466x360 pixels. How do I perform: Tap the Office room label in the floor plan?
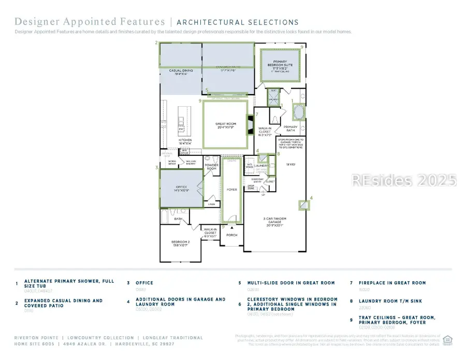(x=181, y=188)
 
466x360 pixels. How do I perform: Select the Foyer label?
(x=232, y=190)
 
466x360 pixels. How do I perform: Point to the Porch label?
(x=232, y=235)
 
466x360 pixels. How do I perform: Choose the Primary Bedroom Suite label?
(x=280, y=64)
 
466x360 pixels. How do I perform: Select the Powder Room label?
(x=211, y=167)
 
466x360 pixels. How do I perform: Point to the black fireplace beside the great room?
(x=251, y=125)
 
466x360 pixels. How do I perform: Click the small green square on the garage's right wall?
(x=303, y=206)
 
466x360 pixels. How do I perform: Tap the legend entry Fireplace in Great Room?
(x=388, y=283)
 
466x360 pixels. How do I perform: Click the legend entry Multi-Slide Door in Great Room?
(x=286, y=283)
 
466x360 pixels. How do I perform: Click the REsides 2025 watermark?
(x=404, y=180)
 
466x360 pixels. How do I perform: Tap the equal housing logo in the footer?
(x=448, y=340)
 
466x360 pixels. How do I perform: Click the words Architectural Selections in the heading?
(x=238, y=22)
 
